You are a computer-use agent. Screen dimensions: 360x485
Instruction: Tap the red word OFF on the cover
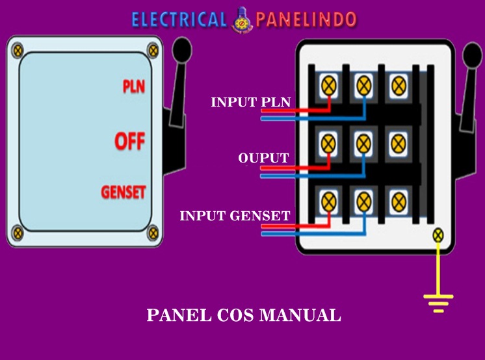(129, 141)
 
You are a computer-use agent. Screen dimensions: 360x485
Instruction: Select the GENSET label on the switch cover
(124, 192)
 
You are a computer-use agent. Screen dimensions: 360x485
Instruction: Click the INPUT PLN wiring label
(250, 102)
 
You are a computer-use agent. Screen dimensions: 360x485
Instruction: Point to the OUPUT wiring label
(263, 158)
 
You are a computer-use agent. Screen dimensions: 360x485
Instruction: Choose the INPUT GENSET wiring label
(235, 216)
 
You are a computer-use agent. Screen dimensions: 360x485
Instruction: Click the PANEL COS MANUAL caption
(244, 316)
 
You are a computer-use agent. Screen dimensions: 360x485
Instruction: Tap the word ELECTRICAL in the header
(178, 19)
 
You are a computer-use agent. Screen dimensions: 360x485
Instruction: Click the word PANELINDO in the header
(306, 19)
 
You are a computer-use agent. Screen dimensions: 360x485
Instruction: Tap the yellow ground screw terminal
(438, 235)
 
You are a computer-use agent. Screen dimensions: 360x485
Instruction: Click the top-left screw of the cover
(18, 49)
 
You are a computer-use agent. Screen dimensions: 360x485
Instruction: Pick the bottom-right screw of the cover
(153, 231)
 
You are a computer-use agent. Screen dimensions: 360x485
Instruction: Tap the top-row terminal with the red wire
(330, 84)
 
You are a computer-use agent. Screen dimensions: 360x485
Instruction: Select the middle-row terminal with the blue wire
(363, 140)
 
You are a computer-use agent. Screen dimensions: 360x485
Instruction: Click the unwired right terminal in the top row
(396, 84)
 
